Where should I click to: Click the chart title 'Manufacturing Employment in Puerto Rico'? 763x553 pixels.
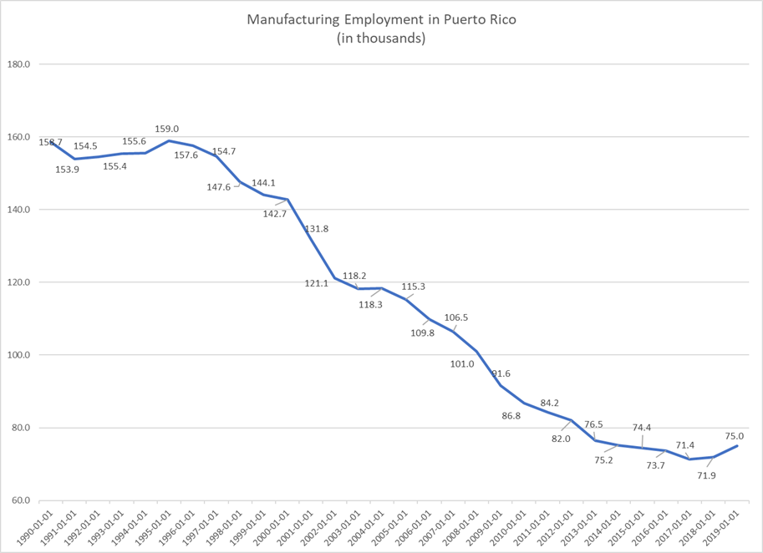381,19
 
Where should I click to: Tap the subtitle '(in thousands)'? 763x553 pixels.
381,38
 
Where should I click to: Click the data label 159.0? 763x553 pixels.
167,129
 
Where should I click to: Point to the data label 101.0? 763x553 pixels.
461,363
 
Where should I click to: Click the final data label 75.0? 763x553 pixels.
735,435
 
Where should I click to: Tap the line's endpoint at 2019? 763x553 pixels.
737,445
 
